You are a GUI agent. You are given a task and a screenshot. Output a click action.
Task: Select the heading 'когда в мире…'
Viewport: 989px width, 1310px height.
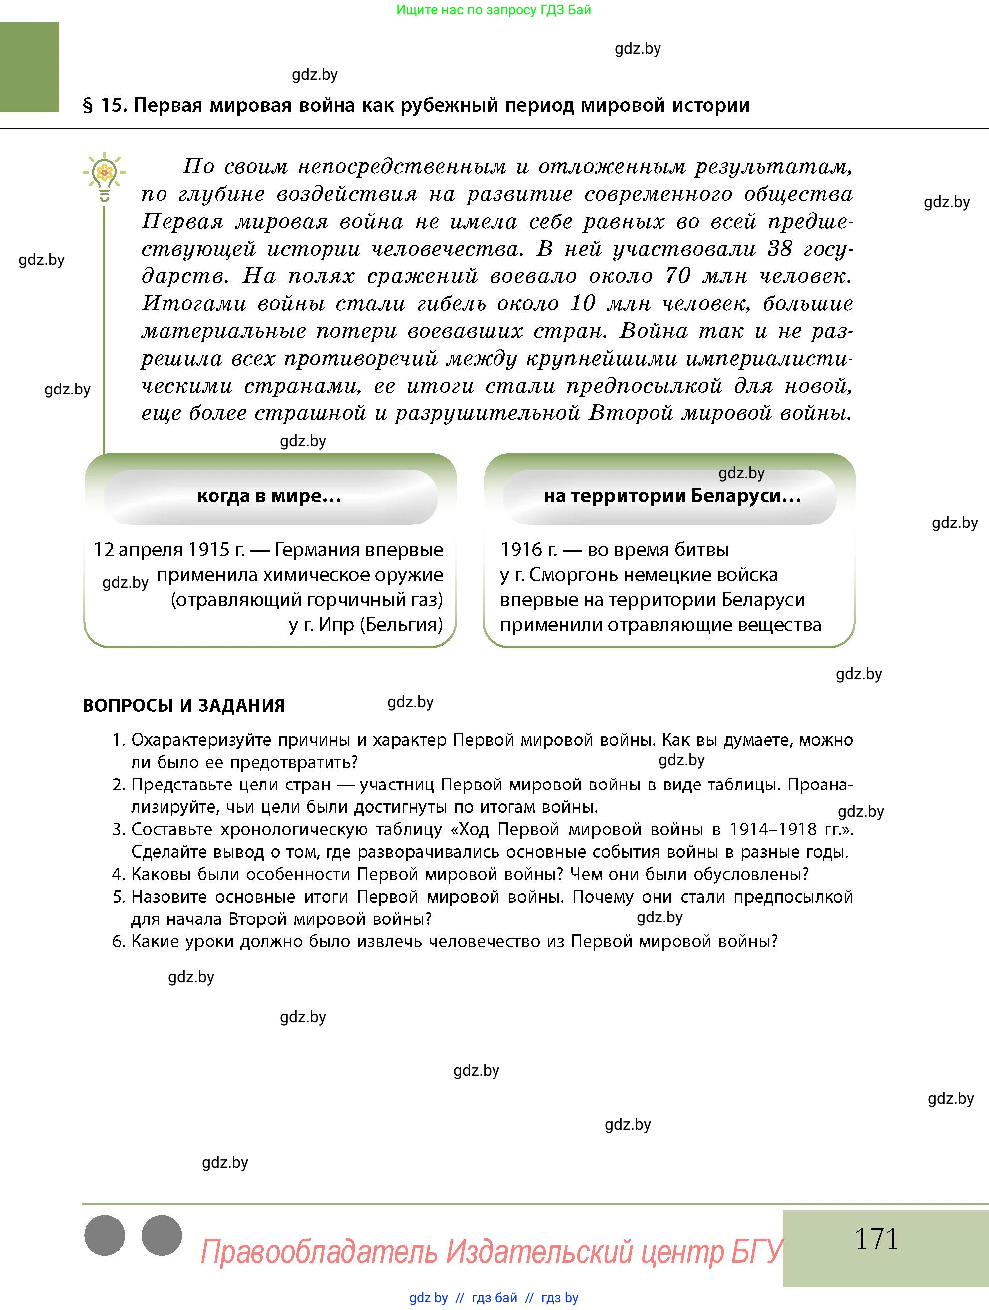coord(270,496)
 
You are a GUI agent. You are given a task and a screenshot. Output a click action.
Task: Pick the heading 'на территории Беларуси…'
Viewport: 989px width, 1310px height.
coord(672,496)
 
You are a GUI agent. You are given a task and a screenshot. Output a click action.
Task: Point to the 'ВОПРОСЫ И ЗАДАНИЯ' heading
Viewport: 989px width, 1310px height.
coord(184,705)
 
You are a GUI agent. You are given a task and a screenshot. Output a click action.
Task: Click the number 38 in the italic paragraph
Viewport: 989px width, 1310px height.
coord(780,249)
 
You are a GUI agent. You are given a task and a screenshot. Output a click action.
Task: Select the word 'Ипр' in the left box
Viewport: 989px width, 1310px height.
coord(336,625)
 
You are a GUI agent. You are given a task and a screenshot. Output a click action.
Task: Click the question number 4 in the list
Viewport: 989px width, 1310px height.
coord(118,875)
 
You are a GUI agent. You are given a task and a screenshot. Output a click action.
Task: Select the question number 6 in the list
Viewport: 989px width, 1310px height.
coord(118,941)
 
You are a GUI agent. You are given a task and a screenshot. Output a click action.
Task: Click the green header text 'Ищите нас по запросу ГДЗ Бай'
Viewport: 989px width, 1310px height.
coord(493,10)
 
